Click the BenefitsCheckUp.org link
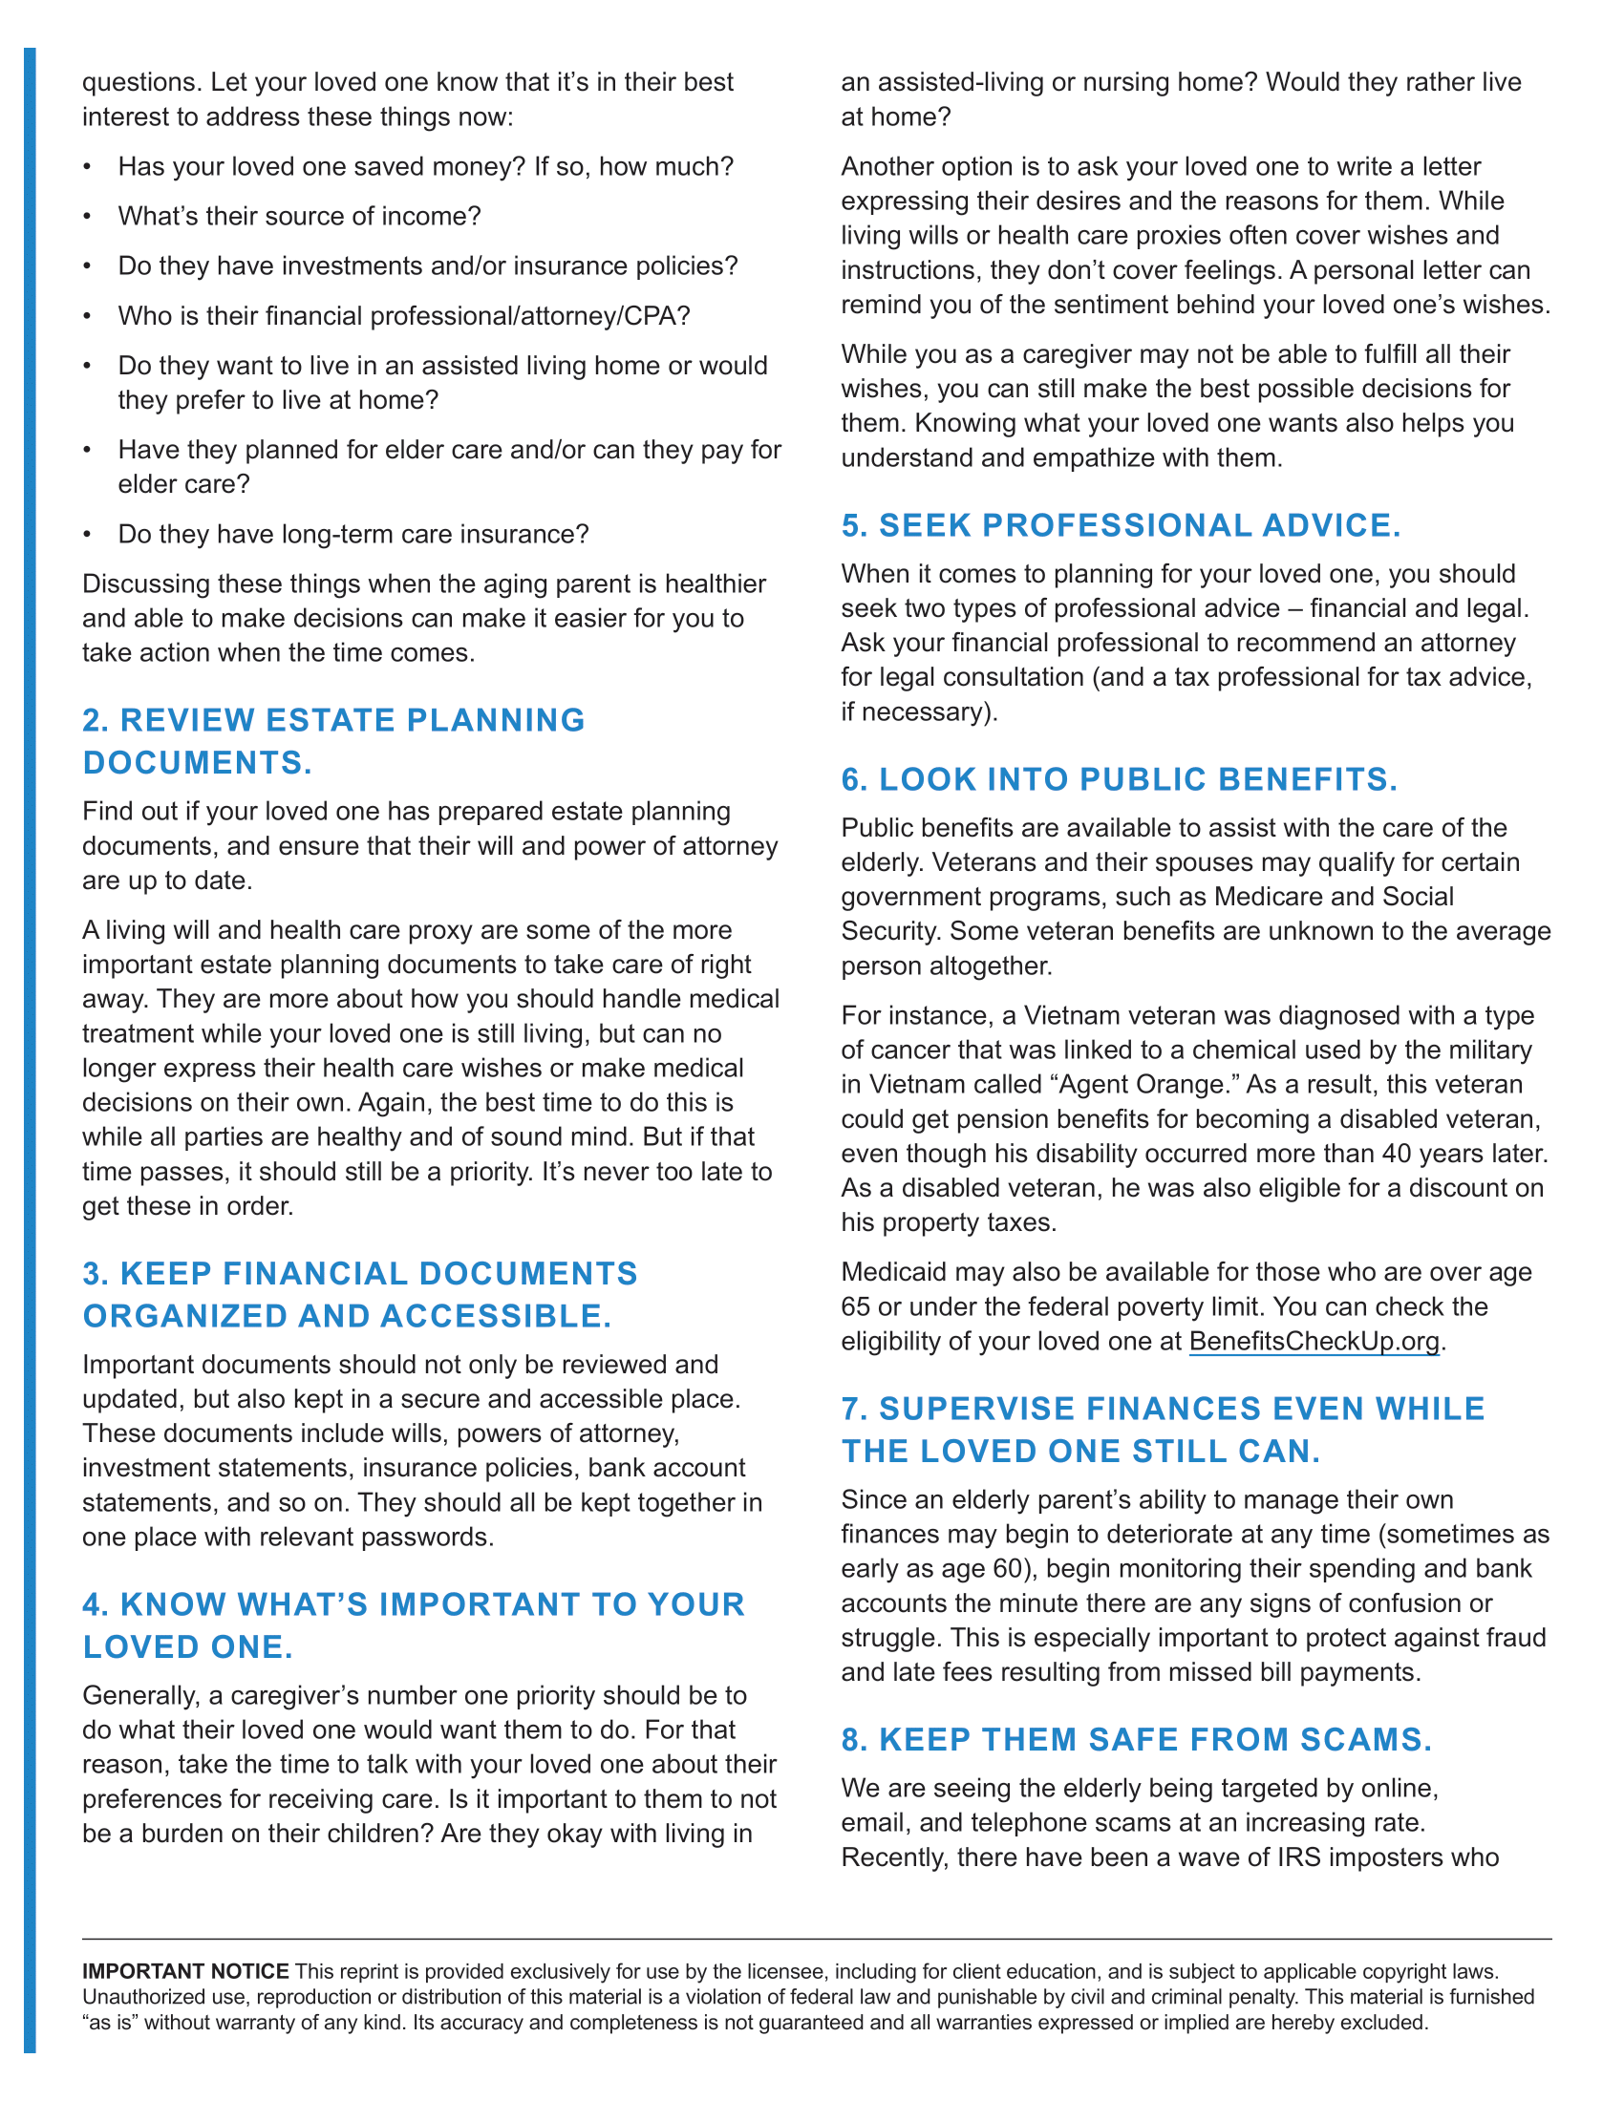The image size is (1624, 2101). coord(1314,1341)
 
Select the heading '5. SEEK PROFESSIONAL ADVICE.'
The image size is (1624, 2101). coord(1120,525)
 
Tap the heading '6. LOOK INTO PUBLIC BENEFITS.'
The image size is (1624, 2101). coord(1119,779)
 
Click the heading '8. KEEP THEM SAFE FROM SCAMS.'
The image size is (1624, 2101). coord(1136,1739)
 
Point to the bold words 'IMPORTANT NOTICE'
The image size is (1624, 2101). coord(184,1971)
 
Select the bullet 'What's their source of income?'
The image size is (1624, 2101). coord(299,217)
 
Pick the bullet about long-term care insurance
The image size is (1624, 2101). coord(353,534)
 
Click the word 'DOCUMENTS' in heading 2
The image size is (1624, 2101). coord(196,763)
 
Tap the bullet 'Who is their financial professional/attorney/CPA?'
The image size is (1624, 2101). coord(404,315)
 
